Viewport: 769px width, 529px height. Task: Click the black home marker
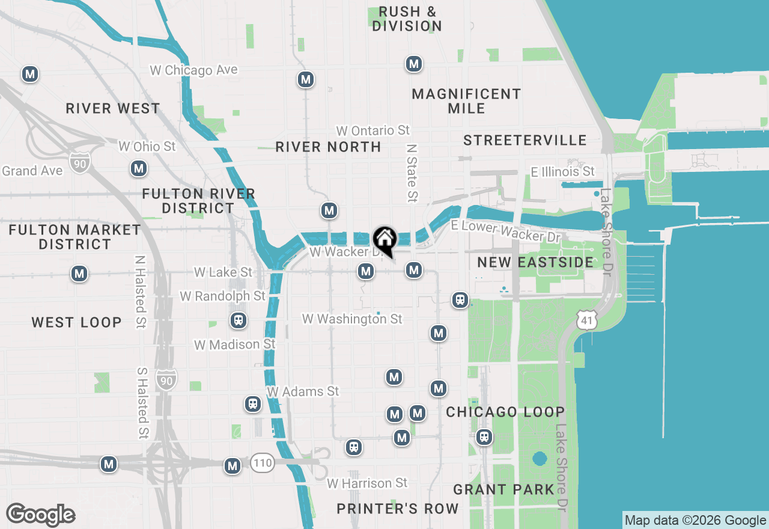385,239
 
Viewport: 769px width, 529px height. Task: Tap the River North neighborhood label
328,147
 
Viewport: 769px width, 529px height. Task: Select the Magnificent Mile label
466,101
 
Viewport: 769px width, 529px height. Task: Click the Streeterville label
524,140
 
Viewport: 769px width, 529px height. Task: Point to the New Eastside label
535,262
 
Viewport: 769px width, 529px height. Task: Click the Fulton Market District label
75,237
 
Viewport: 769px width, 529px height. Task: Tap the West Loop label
76,322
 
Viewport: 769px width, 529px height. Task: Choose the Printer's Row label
397,509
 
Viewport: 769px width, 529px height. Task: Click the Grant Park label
503,489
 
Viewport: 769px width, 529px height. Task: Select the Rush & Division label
407,19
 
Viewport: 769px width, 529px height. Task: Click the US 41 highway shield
586,320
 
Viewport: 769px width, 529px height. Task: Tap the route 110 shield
263,462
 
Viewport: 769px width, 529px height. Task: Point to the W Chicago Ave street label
193,70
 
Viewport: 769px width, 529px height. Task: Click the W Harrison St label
367,483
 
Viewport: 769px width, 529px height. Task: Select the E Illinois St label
562,172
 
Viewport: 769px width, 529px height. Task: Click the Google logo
40,515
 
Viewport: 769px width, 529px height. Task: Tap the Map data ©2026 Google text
695,521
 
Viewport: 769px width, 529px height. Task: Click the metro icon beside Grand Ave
139,168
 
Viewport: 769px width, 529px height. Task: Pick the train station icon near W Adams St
253,404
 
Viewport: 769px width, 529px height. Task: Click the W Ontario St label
372,130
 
